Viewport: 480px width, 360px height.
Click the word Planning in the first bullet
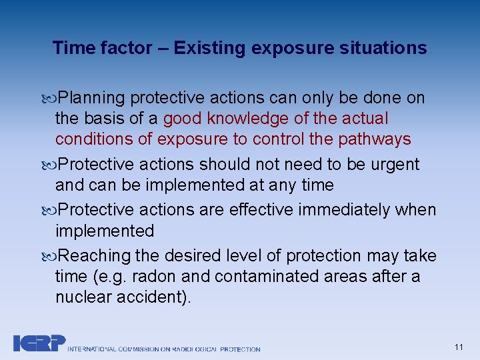(91, 98)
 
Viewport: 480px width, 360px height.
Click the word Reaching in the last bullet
(94, 255)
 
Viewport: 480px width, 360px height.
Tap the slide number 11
(458, 347)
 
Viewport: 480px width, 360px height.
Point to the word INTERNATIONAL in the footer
(92, 349)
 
